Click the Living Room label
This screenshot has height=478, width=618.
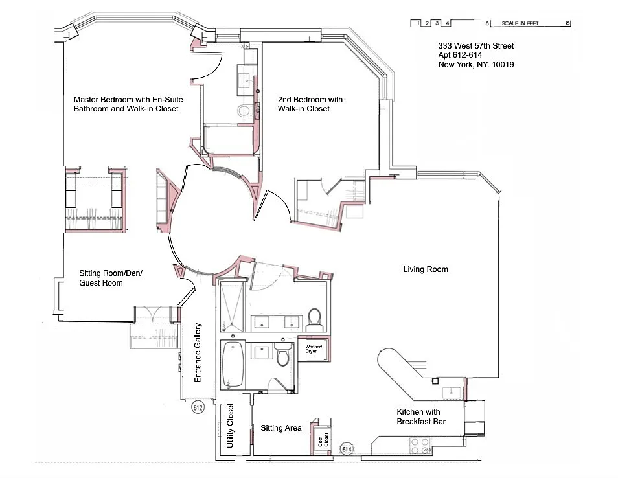426,269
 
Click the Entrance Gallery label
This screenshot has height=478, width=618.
199,352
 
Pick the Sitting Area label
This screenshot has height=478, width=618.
280,428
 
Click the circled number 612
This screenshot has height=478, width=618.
198,408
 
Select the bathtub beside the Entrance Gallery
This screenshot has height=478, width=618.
232,363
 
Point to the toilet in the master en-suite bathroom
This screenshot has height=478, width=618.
244,111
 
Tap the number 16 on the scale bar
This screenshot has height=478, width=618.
567,23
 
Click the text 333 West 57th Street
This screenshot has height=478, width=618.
475,46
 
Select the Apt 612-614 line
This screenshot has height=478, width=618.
464,55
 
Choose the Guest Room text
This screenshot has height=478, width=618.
101,283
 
